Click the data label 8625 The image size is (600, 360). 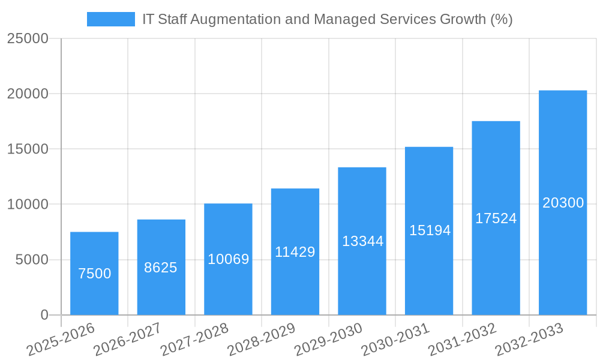tap(161, 268)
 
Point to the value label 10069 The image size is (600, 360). tap(229, 259)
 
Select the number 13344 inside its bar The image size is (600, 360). tap(362, 241)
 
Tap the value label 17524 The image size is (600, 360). tap(496, 218)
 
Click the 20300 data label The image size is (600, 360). tap(563, 203)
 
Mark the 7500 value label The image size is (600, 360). tap(95, 274)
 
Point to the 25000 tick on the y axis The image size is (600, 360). tap(28, 38)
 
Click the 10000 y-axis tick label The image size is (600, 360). tap(28, 205)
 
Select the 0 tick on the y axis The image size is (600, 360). tap(44, 315)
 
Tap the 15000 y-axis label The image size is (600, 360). tap(28, 149)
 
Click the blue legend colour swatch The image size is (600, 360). tap(111, 19)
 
